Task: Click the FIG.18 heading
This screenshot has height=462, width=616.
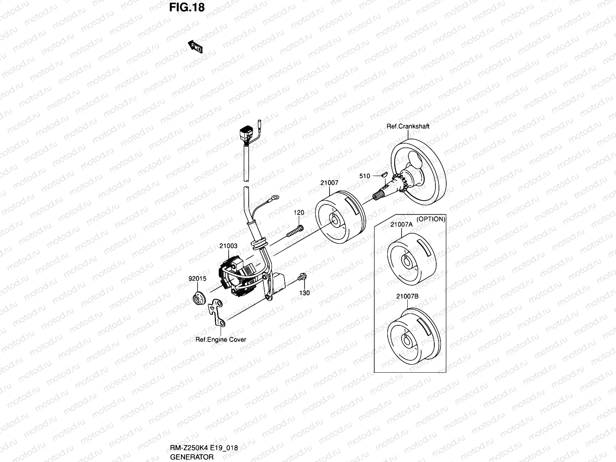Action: pos(187,7)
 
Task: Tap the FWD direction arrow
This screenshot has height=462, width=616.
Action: pos(195,47)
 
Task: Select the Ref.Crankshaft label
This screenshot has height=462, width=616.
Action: pos(408,126)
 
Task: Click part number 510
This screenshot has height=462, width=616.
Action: pos(364,176)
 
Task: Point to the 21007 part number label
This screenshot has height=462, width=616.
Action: pos(329,183)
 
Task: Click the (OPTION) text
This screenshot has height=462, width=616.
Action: pos(431,219)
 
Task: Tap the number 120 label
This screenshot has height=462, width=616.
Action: pos(299,213)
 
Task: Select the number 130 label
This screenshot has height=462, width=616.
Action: pos(305,293)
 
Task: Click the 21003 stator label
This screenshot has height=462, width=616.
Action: pos(228,246)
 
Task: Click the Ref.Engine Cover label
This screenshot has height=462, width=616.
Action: pos(221,340)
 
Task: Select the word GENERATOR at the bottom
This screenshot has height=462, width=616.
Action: pos(192,457)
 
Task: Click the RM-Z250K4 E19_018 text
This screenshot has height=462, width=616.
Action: pos(204,448)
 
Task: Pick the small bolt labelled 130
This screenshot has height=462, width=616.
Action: pos(301,276)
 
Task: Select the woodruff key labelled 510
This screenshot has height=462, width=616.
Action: pos(383,174)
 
